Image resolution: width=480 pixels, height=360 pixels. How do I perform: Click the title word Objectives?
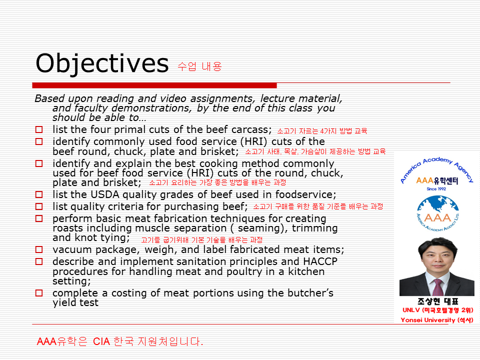tap(102, 63)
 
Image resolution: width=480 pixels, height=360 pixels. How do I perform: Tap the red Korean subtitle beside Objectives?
tap(199, 66)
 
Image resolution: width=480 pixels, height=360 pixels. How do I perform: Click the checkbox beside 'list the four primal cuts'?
tap(39, 129)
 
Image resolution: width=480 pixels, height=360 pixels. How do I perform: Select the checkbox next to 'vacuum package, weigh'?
tap(39, 249)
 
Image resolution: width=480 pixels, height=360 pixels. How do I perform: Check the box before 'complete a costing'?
tap(39, 293)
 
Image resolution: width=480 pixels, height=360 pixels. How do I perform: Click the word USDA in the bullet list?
tap(105, 194)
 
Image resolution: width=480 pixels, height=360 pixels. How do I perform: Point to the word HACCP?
tap(320, 261)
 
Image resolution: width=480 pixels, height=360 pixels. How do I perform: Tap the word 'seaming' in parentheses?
tap(258, 228)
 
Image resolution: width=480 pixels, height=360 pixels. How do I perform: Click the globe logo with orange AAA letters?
tap(438, 213)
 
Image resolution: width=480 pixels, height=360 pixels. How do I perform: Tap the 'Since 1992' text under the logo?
tap(436, 189)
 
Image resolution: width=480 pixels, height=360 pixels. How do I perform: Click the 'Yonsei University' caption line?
tap(437, 320)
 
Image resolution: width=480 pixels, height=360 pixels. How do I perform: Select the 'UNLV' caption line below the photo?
tap(438, 310)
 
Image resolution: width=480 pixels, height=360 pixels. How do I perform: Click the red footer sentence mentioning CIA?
tap(120, 341)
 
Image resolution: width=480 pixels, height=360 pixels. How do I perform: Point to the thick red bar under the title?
tap(154, 85)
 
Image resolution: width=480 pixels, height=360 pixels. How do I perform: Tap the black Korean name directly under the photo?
tap(438, 301)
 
